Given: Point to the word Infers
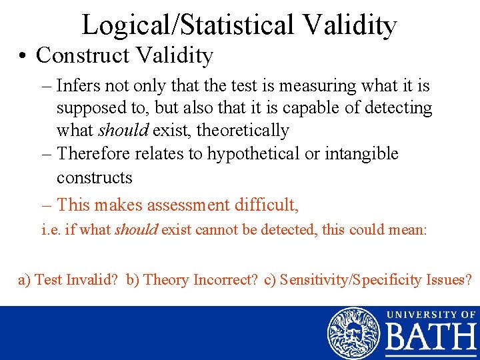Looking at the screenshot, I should [x=76, y=86].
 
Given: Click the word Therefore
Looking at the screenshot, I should [x=94, y=154].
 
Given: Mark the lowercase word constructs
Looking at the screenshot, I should [x=95, y=178].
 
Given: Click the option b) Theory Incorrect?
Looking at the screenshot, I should [x=192, y=280].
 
